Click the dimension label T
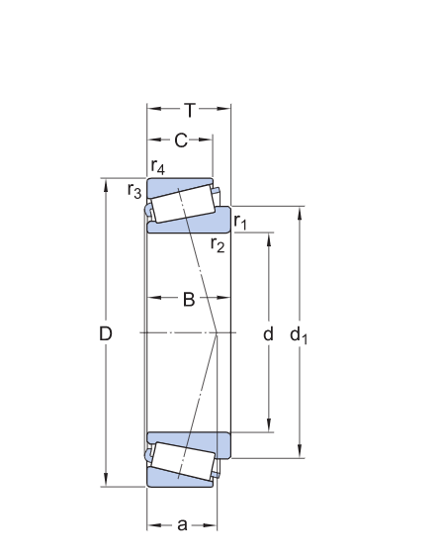[190, 110]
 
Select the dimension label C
[181, 140]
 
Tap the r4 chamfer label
[158, 167]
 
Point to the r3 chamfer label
[134, 190]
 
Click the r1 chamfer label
[240, 222]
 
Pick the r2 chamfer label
[218, 244]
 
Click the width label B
[189, 300]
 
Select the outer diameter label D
[105, 333]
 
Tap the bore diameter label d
[268, 333]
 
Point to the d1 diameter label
[299, 335]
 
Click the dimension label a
[182, 525]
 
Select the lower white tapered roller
[183, 461]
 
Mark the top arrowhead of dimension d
[269, 239]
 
